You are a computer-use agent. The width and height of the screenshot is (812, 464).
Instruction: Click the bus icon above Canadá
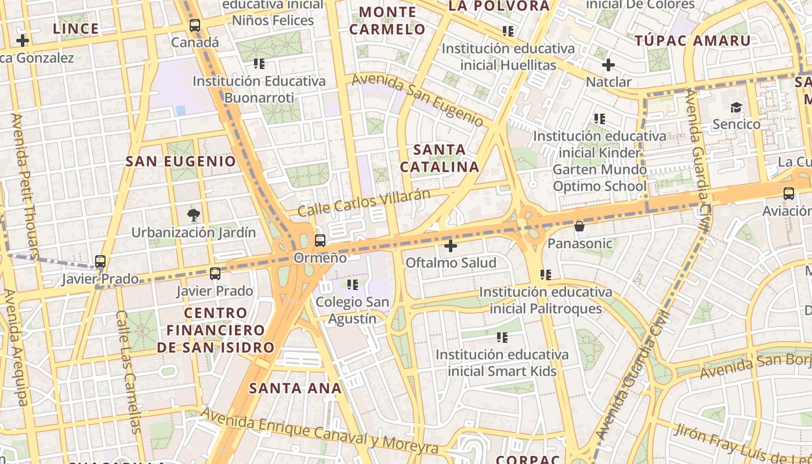(195, 26)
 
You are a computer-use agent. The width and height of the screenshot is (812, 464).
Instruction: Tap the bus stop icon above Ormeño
(320, 240)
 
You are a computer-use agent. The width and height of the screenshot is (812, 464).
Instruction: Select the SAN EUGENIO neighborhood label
(181, 161)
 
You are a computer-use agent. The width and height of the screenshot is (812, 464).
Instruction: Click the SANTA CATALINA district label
(440, 158)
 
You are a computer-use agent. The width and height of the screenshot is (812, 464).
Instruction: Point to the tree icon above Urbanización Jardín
(193, 215)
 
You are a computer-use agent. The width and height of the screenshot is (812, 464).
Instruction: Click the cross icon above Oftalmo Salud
(451, 246)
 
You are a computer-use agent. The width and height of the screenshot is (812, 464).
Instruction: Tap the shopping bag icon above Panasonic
(579, 226)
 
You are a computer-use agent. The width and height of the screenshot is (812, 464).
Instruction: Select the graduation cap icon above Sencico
(736, 107)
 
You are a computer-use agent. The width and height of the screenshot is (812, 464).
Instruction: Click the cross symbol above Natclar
(608, 65)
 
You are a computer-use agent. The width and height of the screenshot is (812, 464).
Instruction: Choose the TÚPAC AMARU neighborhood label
(693, 41)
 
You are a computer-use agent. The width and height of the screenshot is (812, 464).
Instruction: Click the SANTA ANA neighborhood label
(295, 388)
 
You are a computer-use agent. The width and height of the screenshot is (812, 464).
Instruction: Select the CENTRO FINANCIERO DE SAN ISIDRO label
(215, 330)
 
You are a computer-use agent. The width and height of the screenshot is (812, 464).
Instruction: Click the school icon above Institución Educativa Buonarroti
(259, 63)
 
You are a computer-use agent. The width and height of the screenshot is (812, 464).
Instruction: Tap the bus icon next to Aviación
(788, 194)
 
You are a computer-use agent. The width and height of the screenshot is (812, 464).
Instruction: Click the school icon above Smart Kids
(502, 337)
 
